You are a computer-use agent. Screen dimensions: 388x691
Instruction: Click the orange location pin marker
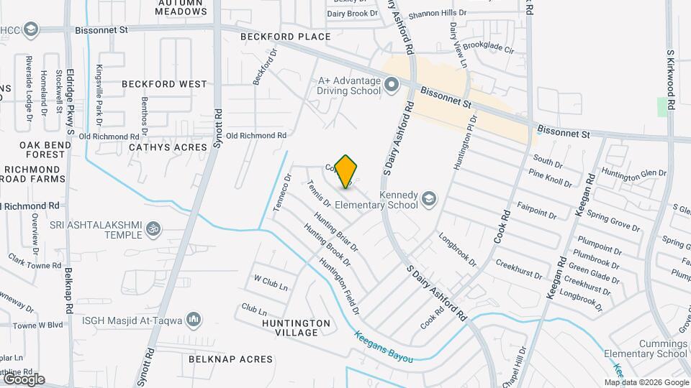tap(346, 171)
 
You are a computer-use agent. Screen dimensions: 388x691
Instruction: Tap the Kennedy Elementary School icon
tap(429, 198)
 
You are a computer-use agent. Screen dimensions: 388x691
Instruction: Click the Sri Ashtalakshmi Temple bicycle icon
tap(153, 228)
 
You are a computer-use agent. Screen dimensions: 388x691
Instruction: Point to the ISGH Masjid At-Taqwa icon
tap(192, 319)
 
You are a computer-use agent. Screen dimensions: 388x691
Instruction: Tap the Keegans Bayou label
tap(383, 346)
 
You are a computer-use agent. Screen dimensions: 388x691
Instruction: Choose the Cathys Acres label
tap(168, 147)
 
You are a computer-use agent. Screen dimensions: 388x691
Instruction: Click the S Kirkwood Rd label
tap(669, 79)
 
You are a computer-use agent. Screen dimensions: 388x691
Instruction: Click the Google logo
tap(23, 379)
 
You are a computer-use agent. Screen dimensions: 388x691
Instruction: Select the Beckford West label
tap(164, 84)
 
